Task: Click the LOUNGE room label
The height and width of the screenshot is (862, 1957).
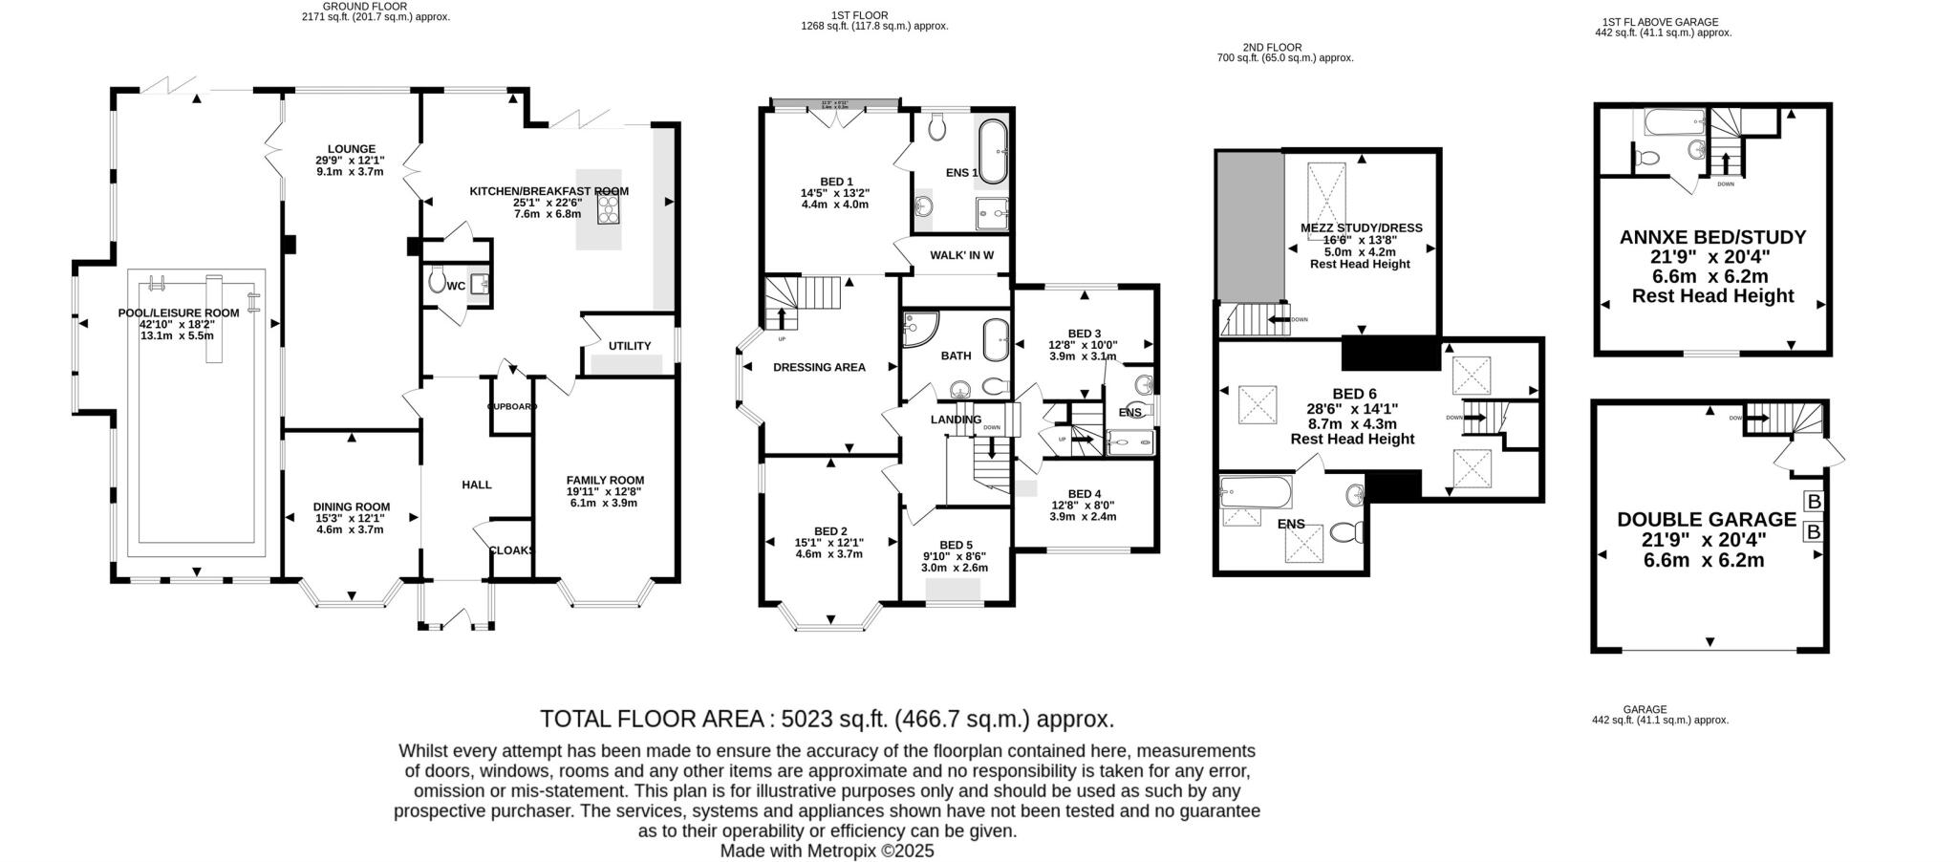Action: (x=351, y=149)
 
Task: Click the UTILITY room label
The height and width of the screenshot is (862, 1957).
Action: (x=630, y=346)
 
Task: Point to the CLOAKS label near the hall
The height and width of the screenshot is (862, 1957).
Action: (x=512, y=550)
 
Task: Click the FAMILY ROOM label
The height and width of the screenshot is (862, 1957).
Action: (x=605, y=480)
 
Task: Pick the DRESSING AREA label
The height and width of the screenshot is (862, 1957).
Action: (x=819, y=367)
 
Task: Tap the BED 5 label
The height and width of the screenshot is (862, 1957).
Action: (x=956, y=545)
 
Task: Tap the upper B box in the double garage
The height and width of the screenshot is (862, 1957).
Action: (x=1813, y=502)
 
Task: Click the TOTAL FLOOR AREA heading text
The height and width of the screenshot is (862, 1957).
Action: (x=827, y=719)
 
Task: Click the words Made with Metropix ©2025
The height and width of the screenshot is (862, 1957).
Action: (x=827, y=851)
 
